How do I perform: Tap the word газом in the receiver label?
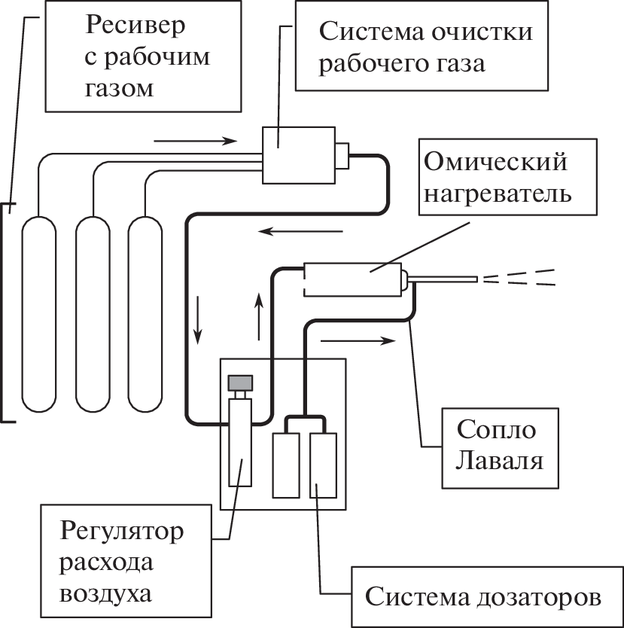(120, 90)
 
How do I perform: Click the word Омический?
(496, 162)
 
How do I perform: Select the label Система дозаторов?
(484, 597)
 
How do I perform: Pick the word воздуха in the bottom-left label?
(108, 593)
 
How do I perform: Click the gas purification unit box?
(298, 154)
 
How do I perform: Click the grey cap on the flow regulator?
(242, 383)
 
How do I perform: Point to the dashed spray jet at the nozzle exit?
(519, 278)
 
